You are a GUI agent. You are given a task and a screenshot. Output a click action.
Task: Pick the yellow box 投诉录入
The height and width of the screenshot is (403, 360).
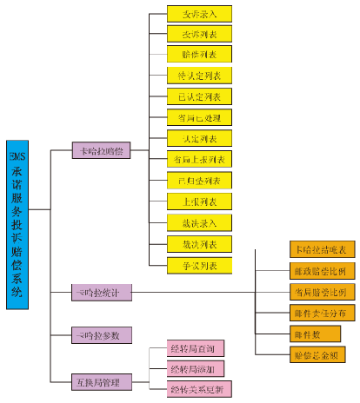(199, 14)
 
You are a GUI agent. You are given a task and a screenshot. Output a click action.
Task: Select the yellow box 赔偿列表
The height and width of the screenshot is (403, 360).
(199, 54)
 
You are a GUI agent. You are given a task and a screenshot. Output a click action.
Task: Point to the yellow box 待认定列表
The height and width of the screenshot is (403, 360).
(199, 75)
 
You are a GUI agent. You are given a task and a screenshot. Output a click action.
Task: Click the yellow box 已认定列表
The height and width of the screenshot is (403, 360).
(199, 96)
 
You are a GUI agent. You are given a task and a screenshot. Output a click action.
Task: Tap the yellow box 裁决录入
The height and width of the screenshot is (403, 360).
(199, 222)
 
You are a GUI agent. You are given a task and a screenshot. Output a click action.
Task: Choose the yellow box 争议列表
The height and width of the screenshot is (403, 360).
(199, 264)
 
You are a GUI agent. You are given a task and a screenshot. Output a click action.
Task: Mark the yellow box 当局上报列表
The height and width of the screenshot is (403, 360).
(199, 159)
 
